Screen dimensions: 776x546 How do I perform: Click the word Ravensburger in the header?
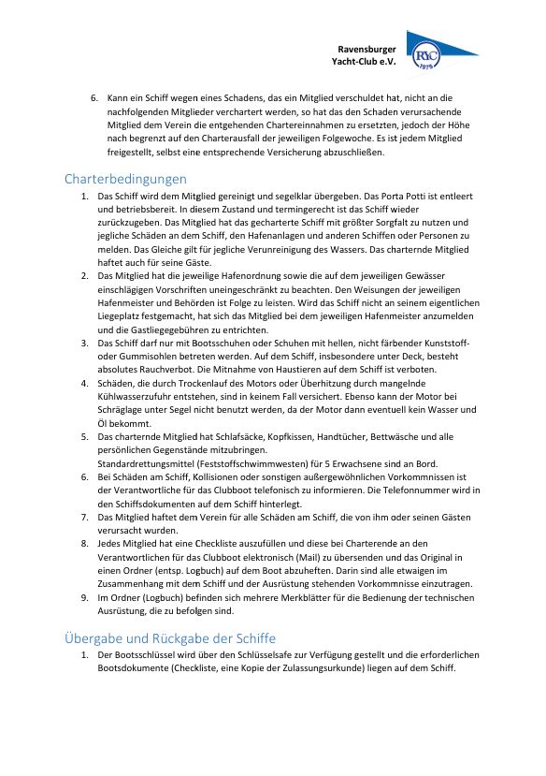pos(366,49)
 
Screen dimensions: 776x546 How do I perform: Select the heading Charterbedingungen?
pos(125,178)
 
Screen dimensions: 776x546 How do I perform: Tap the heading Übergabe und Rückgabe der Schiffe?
pos(170,638)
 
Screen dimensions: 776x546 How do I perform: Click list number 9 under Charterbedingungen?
pos(84,596)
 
